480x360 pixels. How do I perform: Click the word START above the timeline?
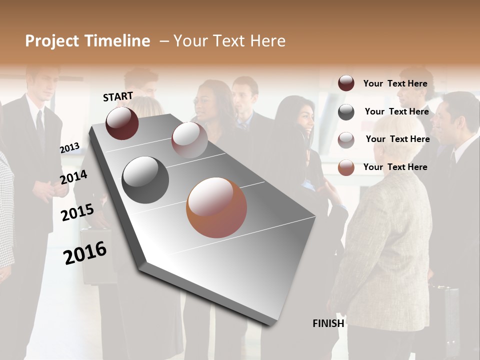[x=118, y=96]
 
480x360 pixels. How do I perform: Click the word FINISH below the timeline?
[x=328, y=323]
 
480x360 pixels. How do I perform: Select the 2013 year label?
[x=69, y=147]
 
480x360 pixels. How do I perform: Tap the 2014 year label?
[x=73, y=177]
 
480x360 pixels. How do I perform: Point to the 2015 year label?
[x=77, y=212]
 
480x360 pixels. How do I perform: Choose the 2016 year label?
[x=85, y=252]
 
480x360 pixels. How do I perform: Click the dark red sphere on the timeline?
[x=122, y=123]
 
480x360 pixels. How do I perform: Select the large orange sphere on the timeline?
[x=216, y=207]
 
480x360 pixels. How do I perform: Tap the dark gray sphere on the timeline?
[x=145, y=180]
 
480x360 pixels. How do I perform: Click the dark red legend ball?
[x=346, y=83]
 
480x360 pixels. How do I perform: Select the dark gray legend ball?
[x=346, y=112]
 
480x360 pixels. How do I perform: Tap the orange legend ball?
[x=346, y=167]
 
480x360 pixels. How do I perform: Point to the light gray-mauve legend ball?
[x=346, y=140]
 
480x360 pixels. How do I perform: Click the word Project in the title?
[x=52, y=41]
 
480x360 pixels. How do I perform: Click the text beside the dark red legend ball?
[x=395, y=83]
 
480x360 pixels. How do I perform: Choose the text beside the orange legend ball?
[x=395, y=167]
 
